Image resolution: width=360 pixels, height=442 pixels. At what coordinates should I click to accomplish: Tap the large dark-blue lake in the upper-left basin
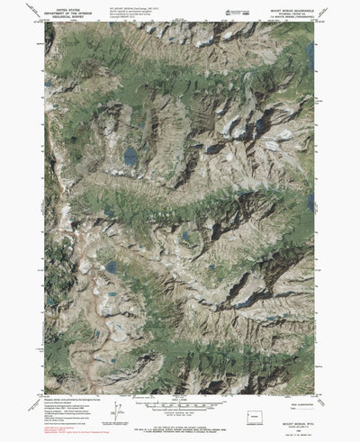(131, 157)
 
